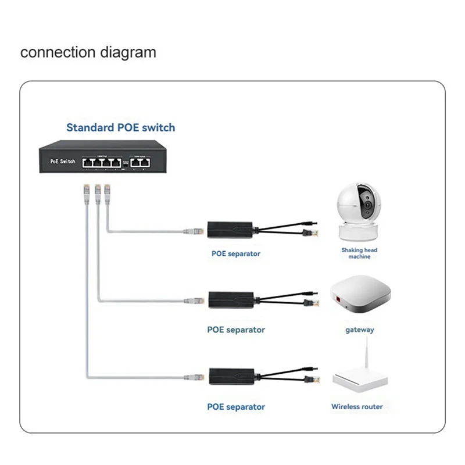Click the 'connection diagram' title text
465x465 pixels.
[x=88, y=52]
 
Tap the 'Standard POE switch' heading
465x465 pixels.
[x=120, y=127]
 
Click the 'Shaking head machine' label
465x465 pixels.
[x=359, y=253]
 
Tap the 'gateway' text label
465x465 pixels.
[x=359, y=330]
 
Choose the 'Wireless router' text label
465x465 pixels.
[x=357, y=407]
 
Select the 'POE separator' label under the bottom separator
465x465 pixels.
[x=236, y=407]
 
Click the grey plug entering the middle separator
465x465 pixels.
[x=193, y=301]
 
